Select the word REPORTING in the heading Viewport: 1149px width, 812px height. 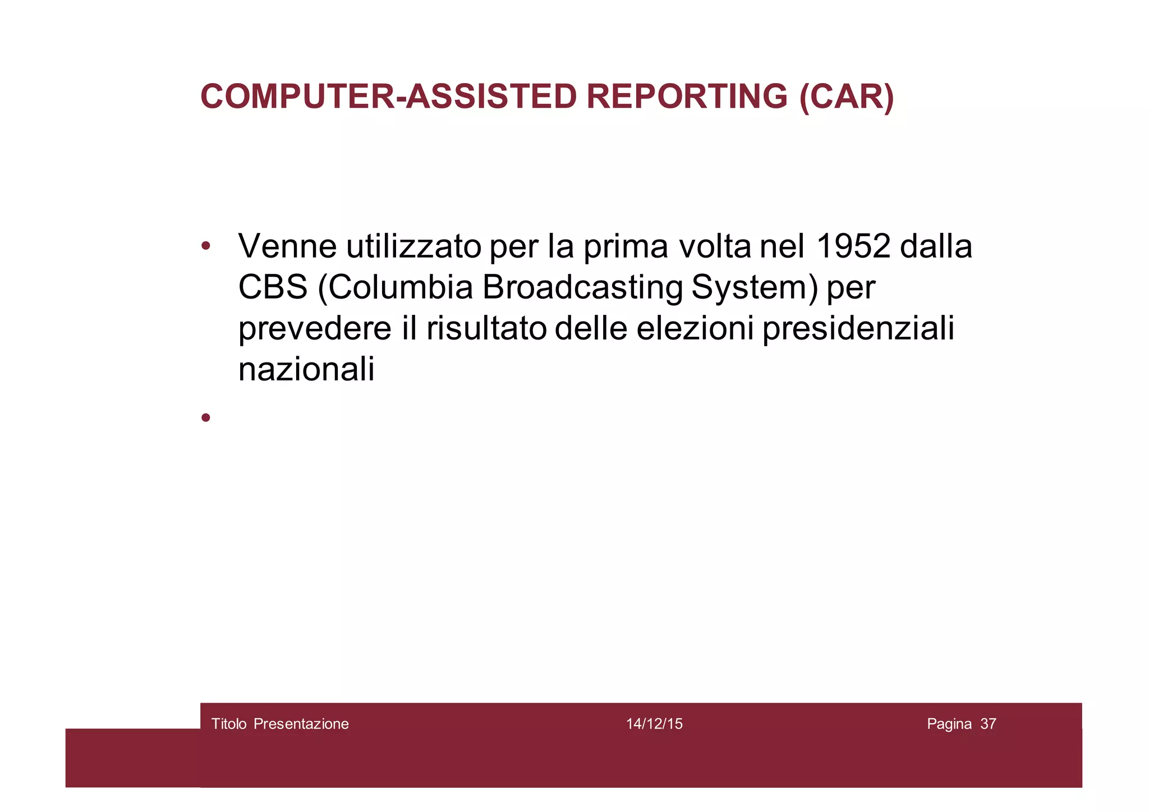pos(687,97)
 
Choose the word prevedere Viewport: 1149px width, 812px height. pos(315,329)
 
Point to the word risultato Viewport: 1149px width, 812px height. pos(486,328)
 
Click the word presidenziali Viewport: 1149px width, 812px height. pos(858,329)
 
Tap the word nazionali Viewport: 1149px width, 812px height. pos(306,370)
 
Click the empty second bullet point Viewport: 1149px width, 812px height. pos(206,417)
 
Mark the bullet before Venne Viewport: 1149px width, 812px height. pos(206,246)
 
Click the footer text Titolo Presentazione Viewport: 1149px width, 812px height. pos(280,724)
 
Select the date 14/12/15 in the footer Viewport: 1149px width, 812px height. pos(654,724)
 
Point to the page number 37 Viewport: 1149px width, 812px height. pos(988,724)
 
